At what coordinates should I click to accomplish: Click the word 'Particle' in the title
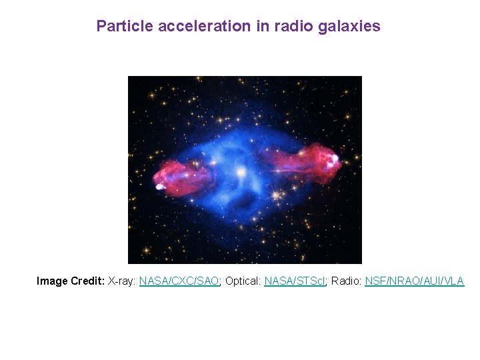(119, 27)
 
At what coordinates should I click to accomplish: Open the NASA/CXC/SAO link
(179, 281)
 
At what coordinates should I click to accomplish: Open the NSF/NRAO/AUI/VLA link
(414, 281)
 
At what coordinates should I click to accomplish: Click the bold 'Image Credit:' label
(71, 281)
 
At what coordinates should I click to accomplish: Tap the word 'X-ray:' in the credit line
(122, 281)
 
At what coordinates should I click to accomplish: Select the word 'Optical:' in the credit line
(243, 281)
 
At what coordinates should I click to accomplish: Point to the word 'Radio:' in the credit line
(347, 281)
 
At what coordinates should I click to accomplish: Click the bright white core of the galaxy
(240, 173)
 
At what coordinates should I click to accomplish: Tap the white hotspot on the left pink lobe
(160, 187)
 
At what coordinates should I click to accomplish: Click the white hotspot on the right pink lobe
(331, 159)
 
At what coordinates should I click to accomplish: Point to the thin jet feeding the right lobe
(267, 169)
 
